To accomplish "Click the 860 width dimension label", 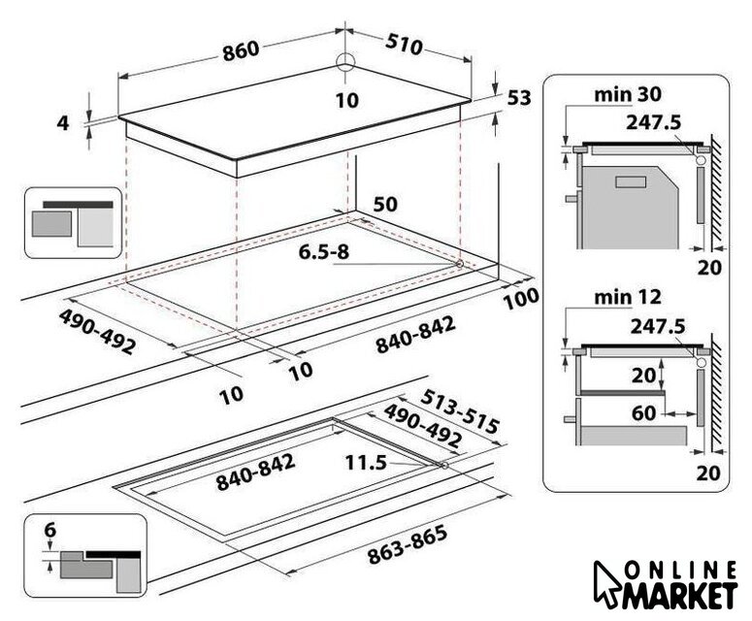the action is point(241,50).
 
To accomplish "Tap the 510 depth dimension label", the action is point(405,45).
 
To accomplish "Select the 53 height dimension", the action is point(519,98).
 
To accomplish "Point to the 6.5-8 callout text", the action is point(324,251).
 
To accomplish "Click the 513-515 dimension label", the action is point(460,410).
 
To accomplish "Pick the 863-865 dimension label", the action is point(408,544).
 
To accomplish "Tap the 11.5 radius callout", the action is point(366,463).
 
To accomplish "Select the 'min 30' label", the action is point(627,94).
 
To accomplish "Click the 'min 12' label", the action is point(627,298).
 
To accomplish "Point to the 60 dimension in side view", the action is point(643,413).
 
